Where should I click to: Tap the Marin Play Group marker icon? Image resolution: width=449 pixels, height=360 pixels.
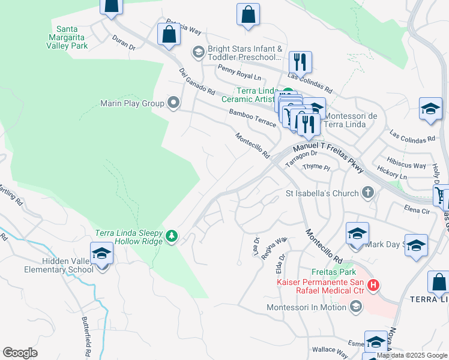coord(174,103)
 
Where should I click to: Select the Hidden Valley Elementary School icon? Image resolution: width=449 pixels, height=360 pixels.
coord(101,254)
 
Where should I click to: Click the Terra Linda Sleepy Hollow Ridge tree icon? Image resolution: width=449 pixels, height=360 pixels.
coord(172,235)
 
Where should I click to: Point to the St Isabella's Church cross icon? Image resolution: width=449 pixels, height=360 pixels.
coord(368,193)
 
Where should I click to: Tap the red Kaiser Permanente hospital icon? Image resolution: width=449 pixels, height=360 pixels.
coord(373,284)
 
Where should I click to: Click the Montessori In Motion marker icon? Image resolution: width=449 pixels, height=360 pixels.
coord(355,307)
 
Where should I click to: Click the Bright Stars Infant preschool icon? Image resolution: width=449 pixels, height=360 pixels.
coord(197,53)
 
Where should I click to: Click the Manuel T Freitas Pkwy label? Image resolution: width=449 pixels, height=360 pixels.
coord(328,155)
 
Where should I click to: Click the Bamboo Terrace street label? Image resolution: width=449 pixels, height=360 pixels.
coord(252,117)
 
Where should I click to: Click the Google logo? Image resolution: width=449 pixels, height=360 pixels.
coord(20,352)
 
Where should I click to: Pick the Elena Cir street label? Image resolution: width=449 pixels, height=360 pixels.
coord(417,210)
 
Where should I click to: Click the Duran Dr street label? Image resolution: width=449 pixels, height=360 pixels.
coord(124,41)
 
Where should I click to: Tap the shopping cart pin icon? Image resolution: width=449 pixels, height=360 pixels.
coord(441,195)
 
